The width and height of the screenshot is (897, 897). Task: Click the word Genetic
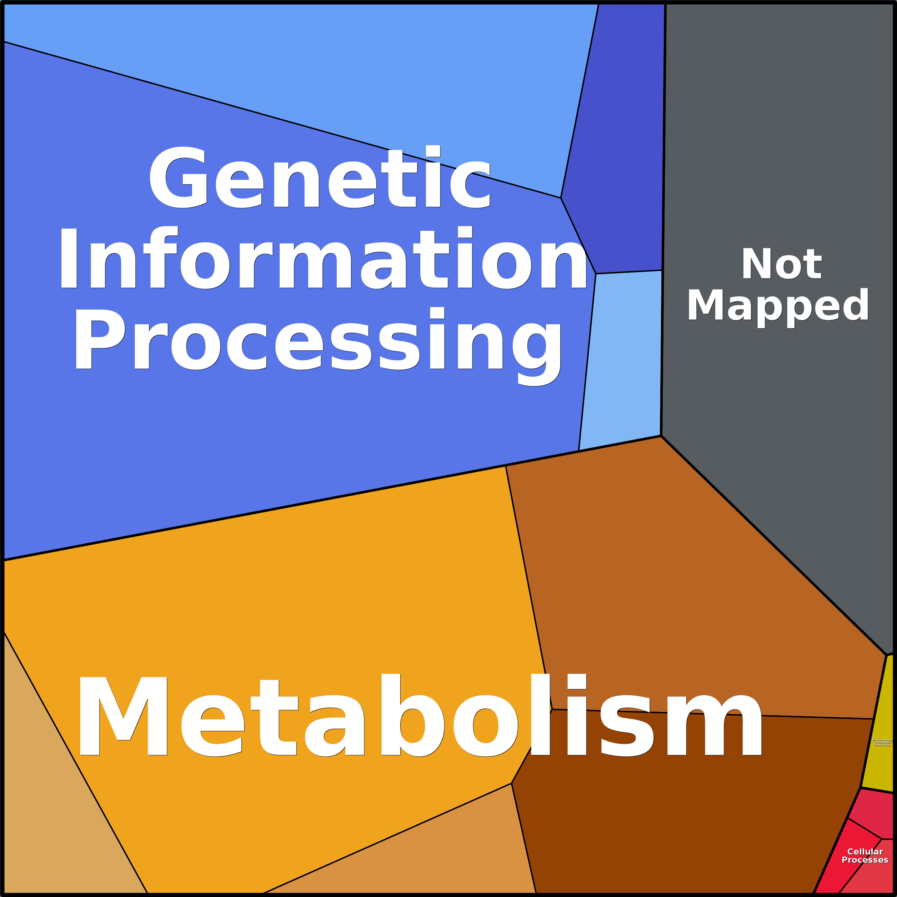[320, 177]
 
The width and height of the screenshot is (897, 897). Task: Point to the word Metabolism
[420, 716]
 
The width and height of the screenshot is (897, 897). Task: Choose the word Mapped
[778, 305]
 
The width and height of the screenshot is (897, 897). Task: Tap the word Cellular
[865, 852]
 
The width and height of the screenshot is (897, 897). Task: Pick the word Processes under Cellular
[865, 860]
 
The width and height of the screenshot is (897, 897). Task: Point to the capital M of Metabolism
[123, 716]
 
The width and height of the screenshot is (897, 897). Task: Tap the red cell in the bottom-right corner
[873, 880]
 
